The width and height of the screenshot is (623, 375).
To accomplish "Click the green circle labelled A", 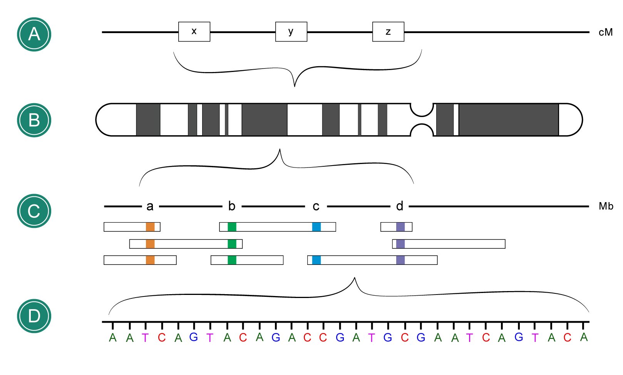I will [x=34, y=34].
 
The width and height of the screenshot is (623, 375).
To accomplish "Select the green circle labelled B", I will [x=34, y=120].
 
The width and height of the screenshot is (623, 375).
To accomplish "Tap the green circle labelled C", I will [x=34, y=211].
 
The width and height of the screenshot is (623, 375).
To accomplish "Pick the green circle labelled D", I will [x=34, y=316].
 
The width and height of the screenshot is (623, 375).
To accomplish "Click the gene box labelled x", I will [x=194, y=32].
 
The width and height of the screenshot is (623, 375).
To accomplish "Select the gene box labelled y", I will [x=291, y=32].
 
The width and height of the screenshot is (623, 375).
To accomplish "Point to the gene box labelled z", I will [x=388, y=32].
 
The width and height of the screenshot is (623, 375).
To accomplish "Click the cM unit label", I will [x=605, y=32].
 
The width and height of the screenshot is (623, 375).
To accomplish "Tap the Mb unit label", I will [x=606, y=206].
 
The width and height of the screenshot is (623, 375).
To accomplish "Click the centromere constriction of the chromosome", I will [x=422, y=120].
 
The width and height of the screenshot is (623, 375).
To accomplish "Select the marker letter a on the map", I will [x=150, y=207].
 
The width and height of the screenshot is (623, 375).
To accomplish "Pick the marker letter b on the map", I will [x=231, y=206].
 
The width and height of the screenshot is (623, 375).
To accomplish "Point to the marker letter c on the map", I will [x=316, y=207].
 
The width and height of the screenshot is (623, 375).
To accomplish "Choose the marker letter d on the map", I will [x=400, y=206].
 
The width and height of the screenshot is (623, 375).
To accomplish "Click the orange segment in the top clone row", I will [x=150, y=227].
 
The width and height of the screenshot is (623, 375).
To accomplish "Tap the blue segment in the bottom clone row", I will [x=316, y=260].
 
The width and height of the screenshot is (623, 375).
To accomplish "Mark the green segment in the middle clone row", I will [x=232, y=244].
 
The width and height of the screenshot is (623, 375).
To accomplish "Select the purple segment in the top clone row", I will [x=400, y=227].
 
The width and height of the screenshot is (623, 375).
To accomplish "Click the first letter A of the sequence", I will [x=112, y=338].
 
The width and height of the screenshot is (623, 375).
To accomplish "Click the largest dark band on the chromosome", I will [x=508, y=120].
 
